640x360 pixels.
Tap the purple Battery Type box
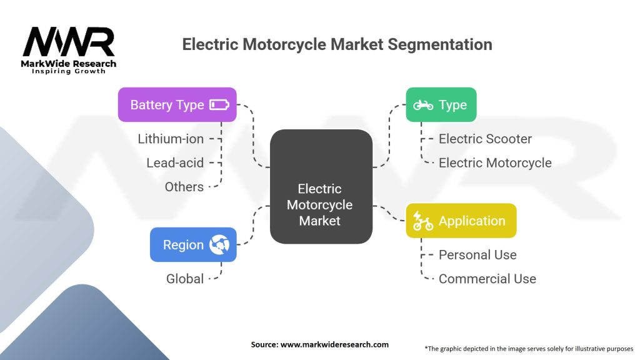pos(177,104)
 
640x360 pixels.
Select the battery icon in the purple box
pos(219,104)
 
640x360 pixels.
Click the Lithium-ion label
pos(171,139)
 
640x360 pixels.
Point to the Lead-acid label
pos(175,162)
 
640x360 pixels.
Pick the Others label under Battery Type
pos(184,186)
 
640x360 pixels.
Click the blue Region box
pos(193,244)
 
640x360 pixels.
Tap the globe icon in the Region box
pos(219,244)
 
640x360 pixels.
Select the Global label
pos(185,279)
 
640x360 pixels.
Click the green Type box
pos(441,104)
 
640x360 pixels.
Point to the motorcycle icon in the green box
pos(423,105)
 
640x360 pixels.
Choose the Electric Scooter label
pos(485,139)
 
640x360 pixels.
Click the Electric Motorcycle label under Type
pos(495,162)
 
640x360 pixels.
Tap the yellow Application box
pos(461,221)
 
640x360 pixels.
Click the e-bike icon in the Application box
pos(423,221)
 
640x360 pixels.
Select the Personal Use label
pos(477,255)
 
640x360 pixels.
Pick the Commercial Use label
pos(487,279)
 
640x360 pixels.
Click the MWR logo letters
pos(69,41)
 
